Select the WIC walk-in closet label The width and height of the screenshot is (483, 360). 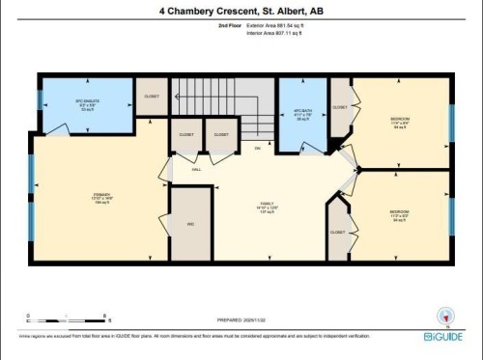191,224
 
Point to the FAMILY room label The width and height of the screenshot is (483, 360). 266,205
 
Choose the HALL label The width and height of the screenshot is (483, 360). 196,169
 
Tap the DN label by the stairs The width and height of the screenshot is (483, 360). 257,148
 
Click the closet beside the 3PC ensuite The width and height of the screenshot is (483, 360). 152,97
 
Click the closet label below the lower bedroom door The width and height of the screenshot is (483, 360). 337,233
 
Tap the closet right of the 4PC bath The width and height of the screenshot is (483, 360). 340,108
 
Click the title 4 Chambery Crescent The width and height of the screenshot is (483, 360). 241,12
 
